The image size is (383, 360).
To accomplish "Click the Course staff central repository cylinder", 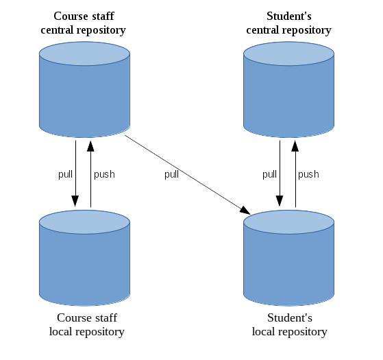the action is click(84, 89).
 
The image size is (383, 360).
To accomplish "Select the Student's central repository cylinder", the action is click(288, 89).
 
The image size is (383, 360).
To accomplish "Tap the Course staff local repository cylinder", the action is click(84, 258).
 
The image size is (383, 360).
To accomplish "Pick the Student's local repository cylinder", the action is click(288, 258).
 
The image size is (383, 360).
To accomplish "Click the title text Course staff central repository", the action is click(84, 23).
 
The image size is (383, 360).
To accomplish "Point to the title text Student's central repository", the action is click(288, 23).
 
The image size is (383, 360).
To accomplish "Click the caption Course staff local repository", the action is click(87, 325).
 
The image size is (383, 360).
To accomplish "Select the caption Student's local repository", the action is click(289, 325).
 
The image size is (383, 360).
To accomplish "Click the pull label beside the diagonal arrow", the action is click(171, 175).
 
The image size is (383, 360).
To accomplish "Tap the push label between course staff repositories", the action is click(104, 174).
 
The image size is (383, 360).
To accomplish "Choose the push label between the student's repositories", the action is click(308, 174).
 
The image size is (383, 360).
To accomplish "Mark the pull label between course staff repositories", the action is click(65, 175).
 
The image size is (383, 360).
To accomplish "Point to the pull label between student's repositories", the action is click(269, 175).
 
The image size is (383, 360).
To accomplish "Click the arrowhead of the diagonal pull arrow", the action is click(245, 211).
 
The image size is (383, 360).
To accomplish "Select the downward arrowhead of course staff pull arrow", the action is click(75, 201).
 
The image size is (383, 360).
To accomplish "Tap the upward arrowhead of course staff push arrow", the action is click(90, 146).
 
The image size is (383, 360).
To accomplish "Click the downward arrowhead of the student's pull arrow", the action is click(280, 201).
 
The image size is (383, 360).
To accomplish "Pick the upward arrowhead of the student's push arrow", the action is click(295, 146).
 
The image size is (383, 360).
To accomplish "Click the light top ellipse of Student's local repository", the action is click(288, 222).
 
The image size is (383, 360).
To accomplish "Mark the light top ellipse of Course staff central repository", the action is click(84, 53).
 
